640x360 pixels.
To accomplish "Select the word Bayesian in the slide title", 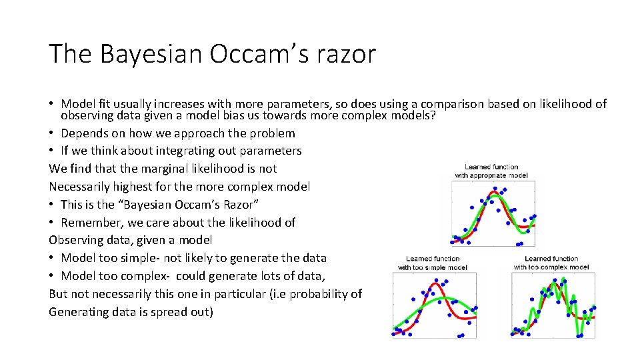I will [152, 54].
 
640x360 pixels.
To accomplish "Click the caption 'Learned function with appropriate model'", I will [491, 171].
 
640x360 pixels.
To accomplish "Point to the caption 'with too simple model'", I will [432, 267].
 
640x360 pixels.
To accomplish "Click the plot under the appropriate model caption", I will [493, 213].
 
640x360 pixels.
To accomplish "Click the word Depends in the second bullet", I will [83, 133].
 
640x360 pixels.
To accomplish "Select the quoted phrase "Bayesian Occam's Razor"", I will [178, 205].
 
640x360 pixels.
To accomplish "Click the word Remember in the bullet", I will [88, 223].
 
